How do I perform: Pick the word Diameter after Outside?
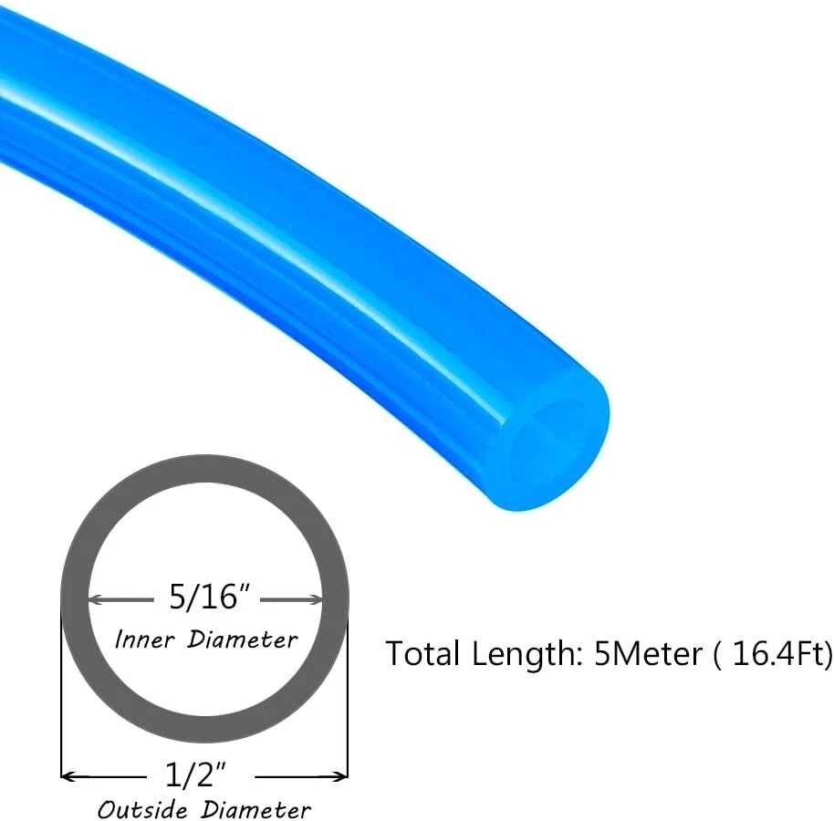coord(255,808)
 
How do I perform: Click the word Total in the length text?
coord(424,654)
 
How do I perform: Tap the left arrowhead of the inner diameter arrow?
coord(95,599)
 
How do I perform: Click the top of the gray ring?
coord(204,469)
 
